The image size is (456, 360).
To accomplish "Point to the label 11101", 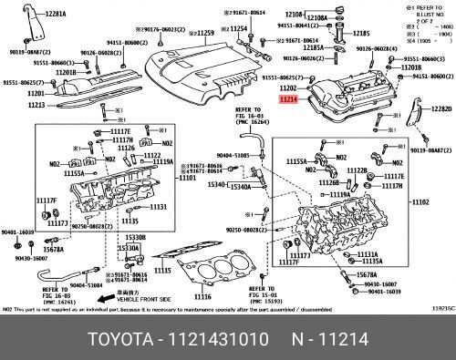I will coord(188,178).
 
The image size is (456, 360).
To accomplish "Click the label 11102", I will coord(421,201).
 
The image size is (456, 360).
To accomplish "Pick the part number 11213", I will coord(36,105).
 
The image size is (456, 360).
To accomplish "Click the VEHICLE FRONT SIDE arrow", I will coord(107,298).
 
